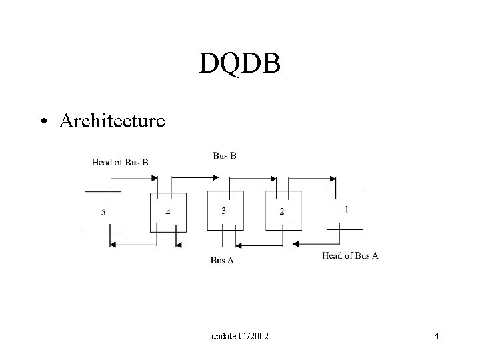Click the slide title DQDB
(240, 63)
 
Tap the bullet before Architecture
(43, 121)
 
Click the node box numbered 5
(103, 211)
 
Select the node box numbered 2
(283, 211)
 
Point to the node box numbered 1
(345, 210)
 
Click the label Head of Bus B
(120, 162)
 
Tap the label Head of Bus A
(350, 255)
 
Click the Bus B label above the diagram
(225, 155)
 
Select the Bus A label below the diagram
(222, 260)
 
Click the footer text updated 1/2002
(240, 337)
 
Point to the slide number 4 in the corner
(436, 336)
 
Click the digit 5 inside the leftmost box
(103, 212)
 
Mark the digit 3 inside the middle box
(223, 211)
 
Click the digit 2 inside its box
(281, 212)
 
